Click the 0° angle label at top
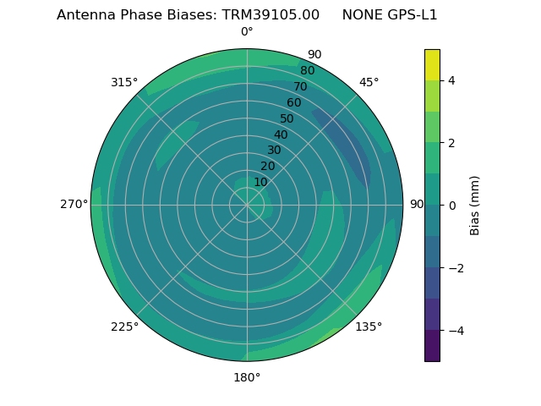click(x=247, y=32)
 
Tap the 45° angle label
click(x=369, y=82)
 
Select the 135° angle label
click(x=369, y=326)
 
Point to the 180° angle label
click(x=247, y=377)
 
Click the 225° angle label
click(x=124, y=326)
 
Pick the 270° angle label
click(x=74, y=204)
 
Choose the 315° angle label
click(x=124, y=82)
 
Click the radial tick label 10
click(x=260, y=182)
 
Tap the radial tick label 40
click(x=281, y=135)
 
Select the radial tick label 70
click(x=300, y=86)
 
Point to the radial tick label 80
click(x=307, y=71)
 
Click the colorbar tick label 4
click(x=452, y=80)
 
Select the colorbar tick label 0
click(x=452, y=205)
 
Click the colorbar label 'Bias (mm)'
click(x=475, y=205)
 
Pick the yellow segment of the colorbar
click(x=432, y=64)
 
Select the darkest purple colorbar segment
click(x=432, y=345)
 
